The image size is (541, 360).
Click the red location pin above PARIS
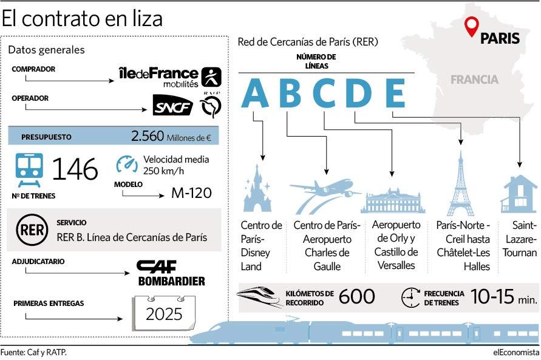tap(471, 26)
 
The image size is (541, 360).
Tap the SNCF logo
tap(173, 106)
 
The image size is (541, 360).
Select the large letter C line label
tap(324, 93)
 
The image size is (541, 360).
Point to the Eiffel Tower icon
tap(461, 183)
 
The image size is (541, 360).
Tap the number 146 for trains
tap(75, 169)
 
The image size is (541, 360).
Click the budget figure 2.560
tap(148, 136)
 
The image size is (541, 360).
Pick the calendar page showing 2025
tap(164, 313)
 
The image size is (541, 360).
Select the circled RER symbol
tap(32, 229)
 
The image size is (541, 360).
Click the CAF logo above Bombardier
tap(156, 267)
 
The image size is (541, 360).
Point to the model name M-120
tap(191, 193)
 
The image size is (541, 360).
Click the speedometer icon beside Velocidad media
tap(126, 164)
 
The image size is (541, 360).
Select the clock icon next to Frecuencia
tap(410, 297)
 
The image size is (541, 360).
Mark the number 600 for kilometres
tap(357, 296)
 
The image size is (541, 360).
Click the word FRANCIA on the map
tap(474, 80)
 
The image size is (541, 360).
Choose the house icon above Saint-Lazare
tap(519, 194)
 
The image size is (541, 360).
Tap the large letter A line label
tap(255, 93)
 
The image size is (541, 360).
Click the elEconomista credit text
tap(516, 353)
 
